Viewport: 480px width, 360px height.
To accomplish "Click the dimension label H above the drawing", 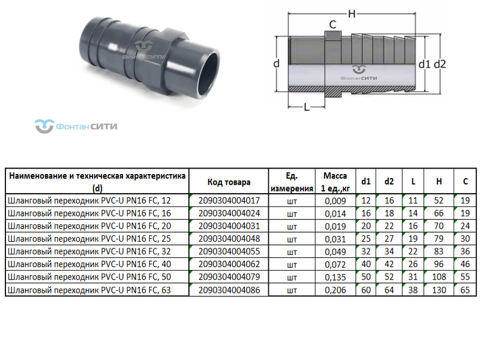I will (x=352, y=13).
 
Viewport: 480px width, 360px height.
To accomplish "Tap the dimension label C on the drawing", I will (x=332, y=25).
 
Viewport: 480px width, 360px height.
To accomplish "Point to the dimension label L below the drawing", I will (x=307, y=107).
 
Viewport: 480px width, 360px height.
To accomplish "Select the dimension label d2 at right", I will (x=440, y=64).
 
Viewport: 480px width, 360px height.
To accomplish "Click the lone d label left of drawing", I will (x=277, y=64).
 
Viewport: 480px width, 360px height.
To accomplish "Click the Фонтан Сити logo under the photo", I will (x=76, y=127).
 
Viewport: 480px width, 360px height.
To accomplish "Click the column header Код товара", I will (x=229, y=182).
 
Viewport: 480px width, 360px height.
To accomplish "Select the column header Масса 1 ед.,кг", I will (x=335, y=182).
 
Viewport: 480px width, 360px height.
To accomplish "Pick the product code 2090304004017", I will (x=229, y=200).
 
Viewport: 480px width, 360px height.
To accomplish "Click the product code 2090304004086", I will (x=229, y=290).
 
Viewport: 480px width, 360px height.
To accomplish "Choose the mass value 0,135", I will (x=335, y=278).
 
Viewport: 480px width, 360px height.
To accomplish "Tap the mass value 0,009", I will (x=335, y=200).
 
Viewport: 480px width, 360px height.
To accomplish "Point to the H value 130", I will (x=440, y=290).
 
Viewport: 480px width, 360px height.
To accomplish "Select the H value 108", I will (x=440, y=278).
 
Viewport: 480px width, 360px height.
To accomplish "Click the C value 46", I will (x=465, y=265).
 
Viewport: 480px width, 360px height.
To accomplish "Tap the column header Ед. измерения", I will (x=292, y=182).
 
